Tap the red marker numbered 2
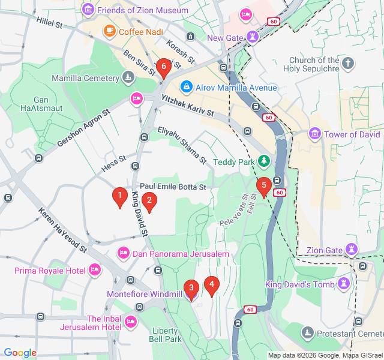click(x=149, y=202)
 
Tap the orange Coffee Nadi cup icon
click(x=109, y=31)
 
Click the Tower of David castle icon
click(x=315, y=134)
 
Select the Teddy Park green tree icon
click(x=263, y=161)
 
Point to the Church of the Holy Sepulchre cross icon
click(x=349, y=64)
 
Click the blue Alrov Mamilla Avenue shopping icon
click(x=187, y=88)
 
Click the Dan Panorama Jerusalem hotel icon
click(x=123, y=254)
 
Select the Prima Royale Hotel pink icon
click(x=94, y=271)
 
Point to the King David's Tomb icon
click(x=344, y=284)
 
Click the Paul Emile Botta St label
click(x=173, y=187)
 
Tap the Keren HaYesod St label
click(x=63, y=230)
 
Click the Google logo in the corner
click(x=20, y=353)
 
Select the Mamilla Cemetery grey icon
click(x=128, y=78)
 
